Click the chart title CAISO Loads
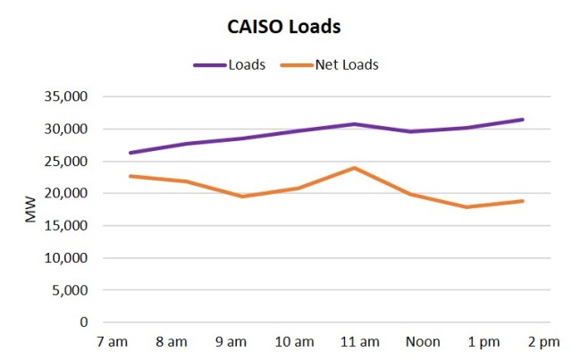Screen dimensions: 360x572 (284, 27)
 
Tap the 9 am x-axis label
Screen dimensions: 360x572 (231, 341)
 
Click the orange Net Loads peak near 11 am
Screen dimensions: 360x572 (354, 168)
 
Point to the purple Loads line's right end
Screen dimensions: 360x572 (523, 120)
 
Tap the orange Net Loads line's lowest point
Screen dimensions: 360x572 (467, 207)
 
